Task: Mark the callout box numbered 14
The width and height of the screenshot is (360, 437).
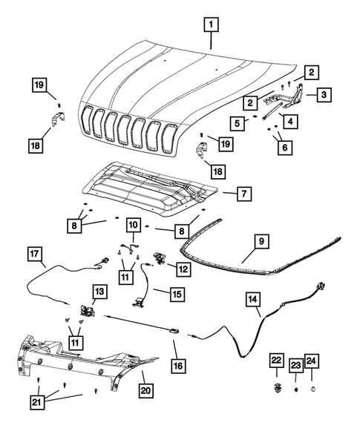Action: tap(254, 299)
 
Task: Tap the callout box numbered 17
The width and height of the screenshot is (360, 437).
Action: tap(36, 254)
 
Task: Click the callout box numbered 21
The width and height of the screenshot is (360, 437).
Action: tap(37, 402)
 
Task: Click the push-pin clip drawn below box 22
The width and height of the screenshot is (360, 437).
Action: tap(276, 387)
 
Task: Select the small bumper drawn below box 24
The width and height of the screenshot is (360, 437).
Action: tap(312, 387)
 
